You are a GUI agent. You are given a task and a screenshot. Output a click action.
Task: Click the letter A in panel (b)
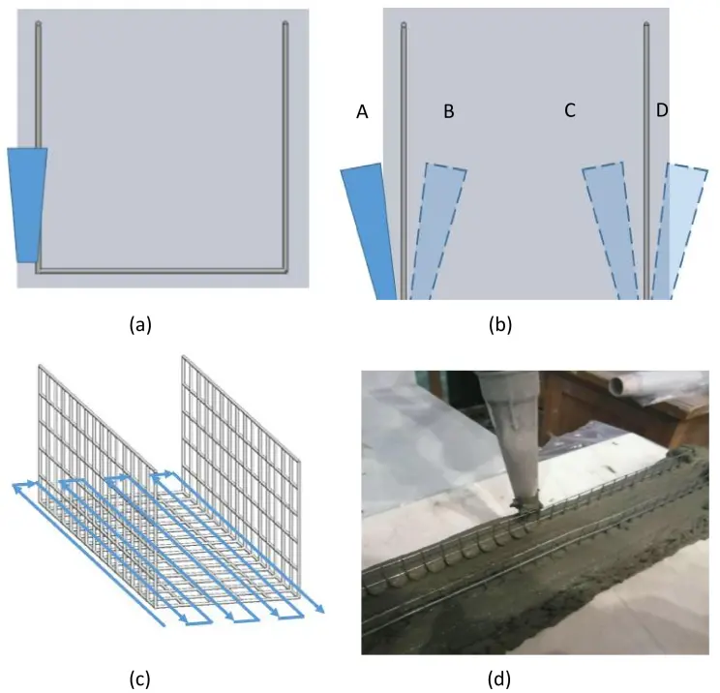(362, 112)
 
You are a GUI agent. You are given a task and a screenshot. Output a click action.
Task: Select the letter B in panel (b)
(448, 112)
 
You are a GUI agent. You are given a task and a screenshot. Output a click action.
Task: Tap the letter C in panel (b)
(570, 111)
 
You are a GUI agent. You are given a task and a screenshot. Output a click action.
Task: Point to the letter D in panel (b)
(662, 111)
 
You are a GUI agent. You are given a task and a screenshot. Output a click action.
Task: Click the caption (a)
(141, 325)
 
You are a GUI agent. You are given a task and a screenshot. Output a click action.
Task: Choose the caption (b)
(500, 325)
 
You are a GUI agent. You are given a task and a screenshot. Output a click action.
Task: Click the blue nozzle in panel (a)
(26, 204)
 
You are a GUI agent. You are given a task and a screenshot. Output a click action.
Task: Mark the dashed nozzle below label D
(677, 232)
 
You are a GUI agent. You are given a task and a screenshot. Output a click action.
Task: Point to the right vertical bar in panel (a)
(285, 145)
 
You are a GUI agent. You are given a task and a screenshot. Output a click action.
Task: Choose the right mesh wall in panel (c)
(237, 436)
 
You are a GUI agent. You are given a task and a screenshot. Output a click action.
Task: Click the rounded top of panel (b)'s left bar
(404, 24)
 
